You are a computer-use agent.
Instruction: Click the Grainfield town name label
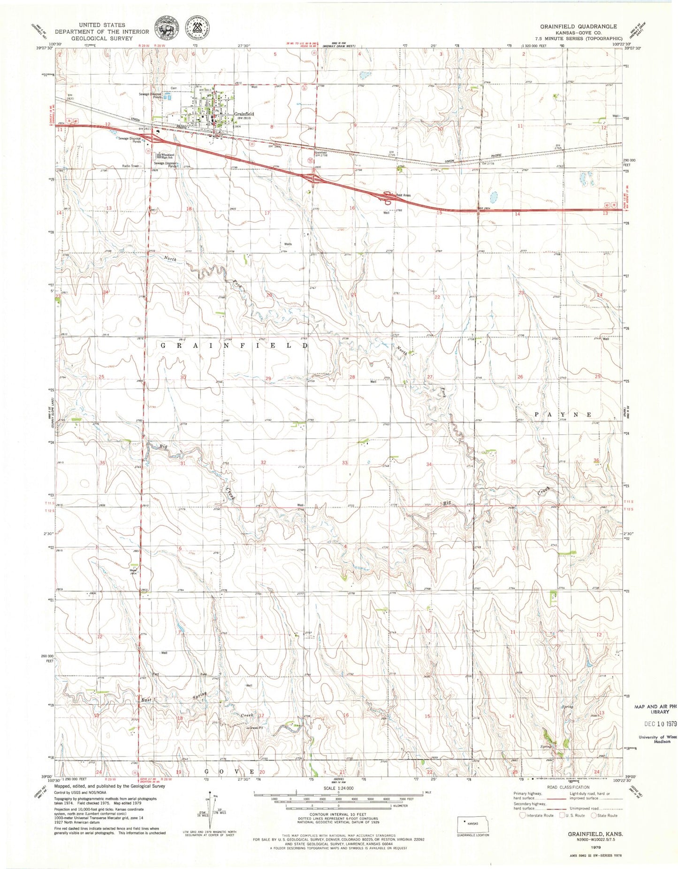244,114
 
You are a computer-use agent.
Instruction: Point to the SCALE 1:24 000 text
331,788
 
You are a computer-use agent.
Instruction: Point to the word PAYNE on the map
563,415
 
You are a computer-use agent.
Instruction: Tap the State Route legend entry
604,815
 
